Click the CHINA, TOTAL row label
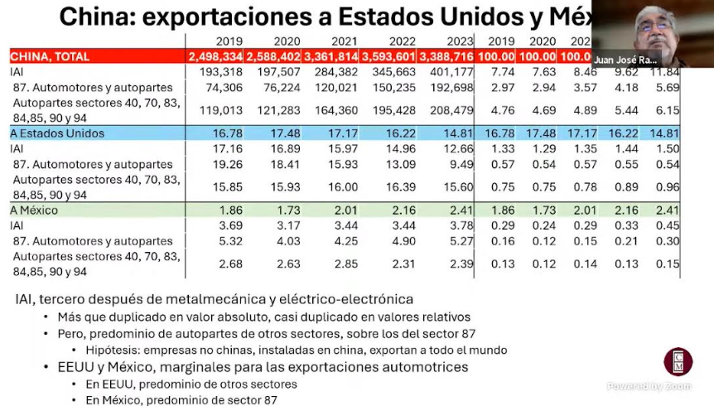click(x=50, y=56)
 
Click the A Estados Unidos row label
click(x=50, y=133)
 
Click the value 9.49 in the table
click(x=460, y=164)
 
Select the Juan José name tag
click(x=625, y=60)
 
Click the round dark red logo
click(x=678, y=362)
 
